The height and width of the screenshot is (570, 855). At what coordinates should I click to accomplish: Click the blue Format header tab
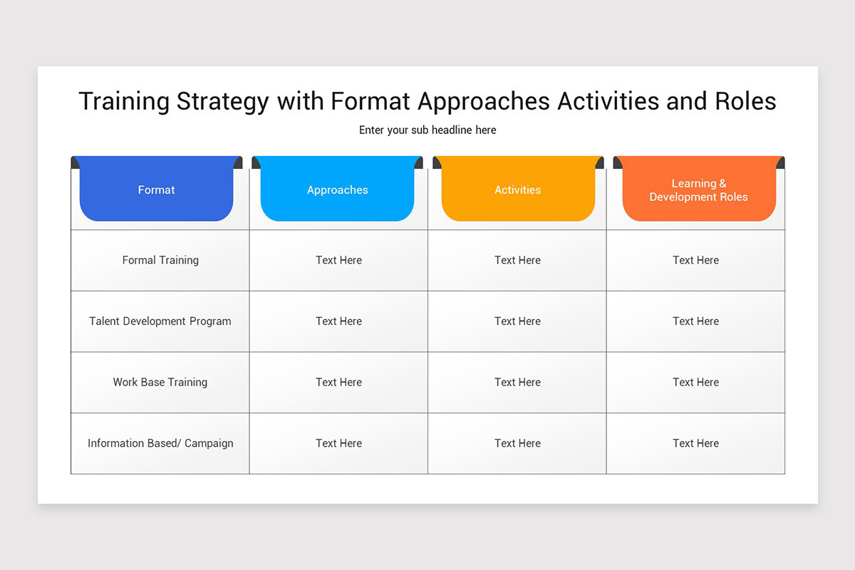click(x=156, y=190)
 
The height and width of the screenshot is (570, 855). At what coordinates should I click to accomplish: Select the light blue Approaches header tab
click(x=337, y=190)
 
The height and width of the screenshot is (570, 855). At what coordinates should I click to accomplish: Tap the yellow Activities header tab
click(x=517, y=190)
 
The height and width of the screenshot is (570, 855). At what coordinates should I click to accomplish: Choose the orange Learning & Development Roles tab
click(x=698, y=190)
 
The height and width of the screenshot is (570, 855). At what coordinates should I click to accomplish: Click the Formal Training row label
click(x=160, y=260)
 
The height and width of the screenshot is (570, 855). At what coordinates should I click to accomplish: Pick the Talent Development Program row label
click(x=160, y=321)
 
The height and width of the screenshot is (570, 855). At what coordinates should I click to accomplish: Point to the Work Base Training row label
click(x=160, y=382)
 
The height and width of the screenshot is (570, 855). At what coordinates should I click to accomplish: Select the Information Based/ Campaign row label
click(x=160, y=443)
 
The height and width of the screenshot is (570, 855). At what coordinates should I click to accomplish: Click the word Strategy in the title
click(x=222, y=101)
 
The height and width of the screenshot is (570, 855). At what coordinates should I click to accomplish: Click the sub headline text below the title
click(x=427, y=130)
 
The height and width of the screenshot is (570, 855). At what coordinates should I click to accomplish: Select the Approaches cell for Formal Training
click(x=338, y=260)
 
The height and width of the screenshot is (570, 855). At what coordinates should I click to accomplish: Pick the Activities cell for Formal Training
click(x=517, y=260)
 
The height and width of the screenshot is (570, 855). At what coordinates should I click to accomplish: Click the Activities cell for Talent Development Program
click(x=517, y=321)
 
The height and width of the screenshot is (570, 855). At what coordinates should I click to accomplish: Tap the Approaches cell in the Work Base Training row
click(x=338, y=382)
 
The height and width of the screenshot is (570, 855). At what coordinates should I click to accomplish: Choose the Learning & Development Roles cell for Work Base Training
click(x=695, y=382)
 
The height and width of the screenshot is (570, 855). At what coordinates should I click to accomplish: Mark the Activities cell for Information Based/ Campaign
click(x=517, y=443)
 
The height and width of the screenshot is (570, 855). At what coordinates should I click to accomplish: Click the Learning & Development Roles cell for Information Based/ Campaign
click(x=695, y=443)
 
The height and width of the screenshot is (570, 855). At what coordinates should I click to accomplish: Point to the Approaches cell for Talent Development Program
click(x=338, y=321)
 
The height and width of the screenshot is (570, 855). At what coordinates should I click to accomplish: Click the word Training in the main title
click(x=123, y=101)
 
